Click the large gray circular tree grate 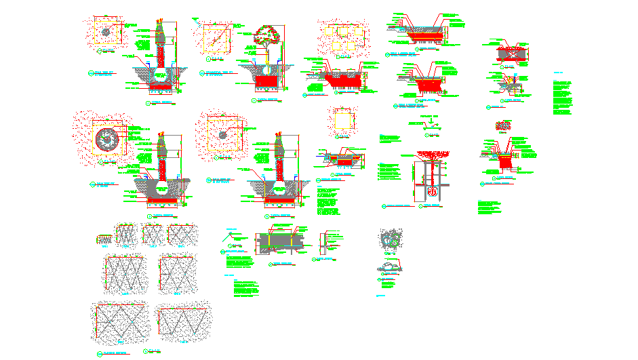(x=106, y=139)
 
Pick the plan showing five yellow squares (x=342, y=37)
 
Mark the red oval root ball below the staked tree (x=432, y=193)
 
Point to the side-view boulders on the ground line (x=389, y=266)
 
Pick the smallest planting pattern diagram (x=105, y=239)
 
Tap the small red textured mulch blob (x=504, y=125)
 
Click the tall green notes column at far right (x=562, y=95)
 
